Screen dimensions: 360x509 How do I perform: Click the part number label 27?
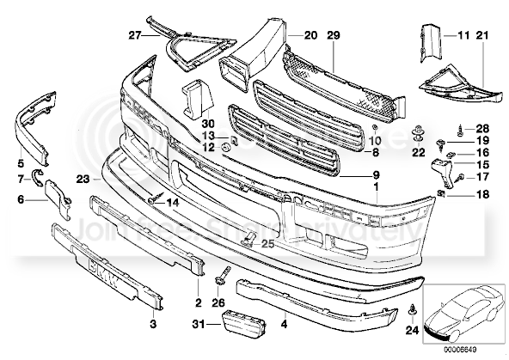pyautogui.click(x=133, y=35)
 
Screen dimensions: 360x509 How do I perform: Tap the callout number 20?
pyautogui.click(x=310, y=35)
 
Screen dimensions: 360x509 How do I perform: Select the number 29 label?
pyautogui.click(x=334, y=35)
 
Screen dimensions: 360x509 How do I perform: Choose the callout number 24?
pyautogui.click(x=413, y=329)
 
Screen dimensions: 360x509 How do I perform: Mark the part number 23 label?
pyautogui.click(x=83, y=180)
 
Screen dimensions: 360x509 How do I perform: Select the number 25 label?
pyautogui.click(x=267, y=244)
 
